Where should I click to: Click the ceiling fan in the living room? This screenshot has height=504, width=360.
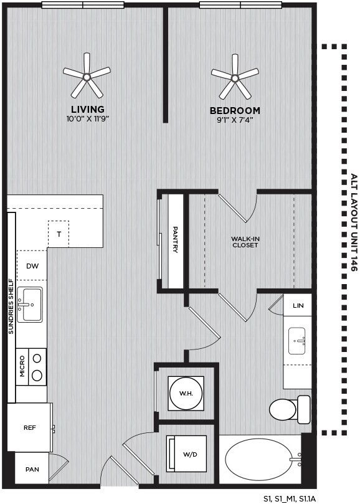tap(87, 77)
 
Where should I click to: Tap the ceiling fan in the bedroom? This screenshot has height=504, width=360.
tap(235, 77)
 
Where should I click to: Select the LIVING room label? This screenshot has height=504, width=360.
tap(88, 109)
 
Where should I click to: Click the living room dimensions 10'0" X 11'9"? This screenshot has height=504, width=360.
tap(88, 119)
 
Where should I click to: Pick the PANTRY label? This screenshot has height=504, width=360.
tap(176, 239)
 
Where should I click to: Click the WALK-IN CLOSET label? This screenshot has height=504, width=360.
tap(245, 242)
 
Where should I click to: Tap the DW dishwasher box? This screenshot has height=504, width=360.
tap(32, 265)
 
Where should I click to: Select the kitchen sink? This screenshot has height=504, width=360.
tap(29, 305)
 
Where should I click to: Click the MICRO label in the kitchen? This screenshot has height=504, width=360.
tap(22, 366)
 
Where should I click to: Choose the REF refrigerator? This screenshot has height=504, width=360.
tap(30, 428)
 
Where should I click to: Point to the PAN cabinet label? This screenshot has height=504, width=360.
tap(32, 469)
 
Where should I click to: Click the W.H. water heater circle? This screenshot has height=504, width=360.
tap(186, 393)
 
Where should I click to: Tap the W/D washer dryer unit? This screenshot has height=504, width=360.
tap(186, 454)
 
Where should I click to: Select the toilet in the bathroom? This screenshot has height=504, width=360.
tap(290, 409)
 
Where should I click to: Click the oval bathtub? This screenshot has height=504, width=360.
tap(263, 459)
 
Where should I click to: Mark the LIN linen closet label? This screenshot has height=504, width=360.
tap(298, 305)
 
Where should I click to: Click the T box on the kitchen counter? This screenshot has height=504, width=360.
tap(59, 234)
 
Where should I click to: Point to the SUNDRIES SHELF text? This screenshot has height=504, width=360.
tap(11, 307)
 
